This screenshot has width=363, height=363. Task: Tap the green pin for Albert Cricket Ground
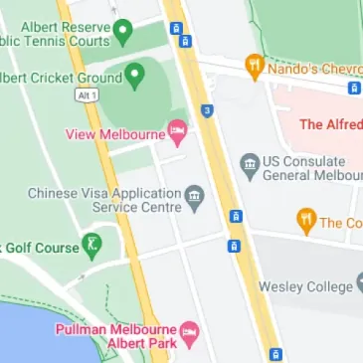[136, 75]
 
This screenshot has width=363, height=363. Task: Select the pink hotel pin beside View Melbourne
[178, 131]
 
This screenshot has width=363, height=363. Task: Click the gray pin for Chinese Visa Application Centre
[195, 194]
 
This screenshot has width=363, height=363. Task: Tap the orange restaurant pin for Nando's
[254, 67]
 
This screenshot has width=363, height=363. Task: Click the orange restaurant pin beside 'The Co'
[305, 220]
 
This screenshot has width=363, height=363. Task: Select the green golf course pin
[92, 244]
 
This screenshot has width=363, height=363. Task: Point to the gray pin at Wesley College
[359, 285]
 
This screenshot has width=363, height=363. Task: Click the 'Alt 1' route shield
[88, 93]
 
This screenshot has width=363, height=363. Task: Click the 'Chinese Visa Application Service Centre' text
[104, 200]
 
